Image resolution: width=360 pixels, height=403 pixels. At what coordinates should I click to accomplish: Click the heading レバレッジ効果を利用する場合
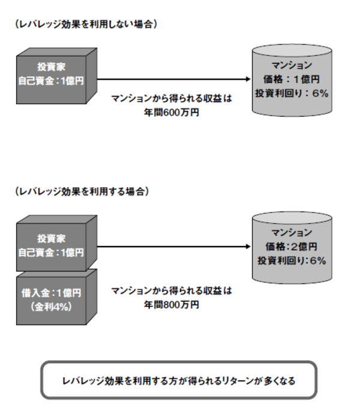(83, 191)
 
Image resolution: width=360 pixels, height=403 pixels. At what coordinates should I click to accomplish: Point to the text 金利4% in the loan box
(51, 306)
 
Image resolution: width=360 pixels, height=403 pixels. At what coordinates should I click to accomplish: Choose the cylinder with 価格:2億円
(291, 246)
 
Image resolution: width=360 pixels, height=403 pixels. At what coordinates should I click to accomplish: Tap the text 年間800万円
(172, 304)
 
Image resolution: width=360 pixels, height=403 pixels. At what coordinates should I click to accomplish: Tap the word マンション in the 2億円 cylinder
(291, 233)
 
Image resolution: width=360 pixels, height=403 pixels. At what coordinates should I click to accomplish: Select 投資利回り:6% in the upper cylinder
(291, 94)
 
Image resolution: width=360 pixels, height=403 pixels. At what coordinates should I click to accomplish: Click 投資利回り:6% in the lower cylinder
(291, 261)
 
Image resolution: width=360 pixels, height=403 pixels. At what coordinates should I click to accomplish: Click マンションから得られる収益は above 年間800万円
(172, 290)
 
